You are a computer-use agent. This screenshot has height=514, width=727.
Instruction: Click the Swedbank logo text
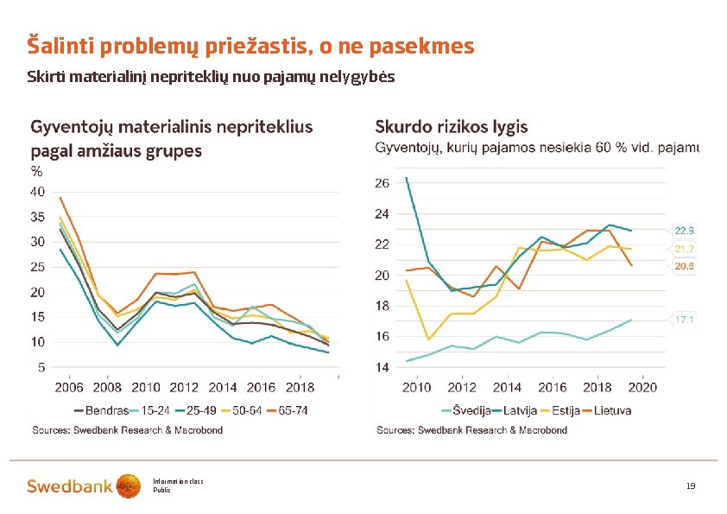click(69, 486)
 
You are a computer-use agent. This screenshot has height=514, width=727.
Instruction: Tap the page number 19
click(691, 486)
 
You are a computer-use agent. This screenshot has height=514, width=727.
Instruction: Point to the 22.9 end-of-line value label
click(685, 231)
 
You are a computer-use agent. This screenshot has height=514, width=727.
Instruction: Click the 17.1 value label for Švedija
click(685, 320)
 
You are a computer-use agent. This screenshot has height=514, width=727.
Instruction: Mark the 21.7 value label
click(685, 249)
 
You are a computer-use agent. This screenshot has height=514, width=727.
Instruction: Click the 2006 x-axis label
click(69, 388)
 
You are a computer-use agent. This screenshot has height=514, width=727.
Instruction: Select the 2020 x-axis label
click(643, 388)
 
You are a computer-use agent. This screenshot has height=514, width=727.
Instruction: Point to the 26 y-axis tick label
click(382, 183)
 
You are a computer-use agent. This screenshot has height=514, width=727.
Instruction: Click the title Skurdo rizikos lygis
click(451, 127)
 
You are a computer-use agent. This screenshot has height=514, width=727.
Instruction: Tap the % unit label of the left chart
click(36, 171)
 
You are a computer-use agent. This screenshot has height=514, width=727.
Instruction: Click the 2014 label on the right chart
click(508, 388)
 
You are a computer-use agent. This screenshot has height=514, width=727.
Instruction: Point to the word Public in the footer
click(162, 490)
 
